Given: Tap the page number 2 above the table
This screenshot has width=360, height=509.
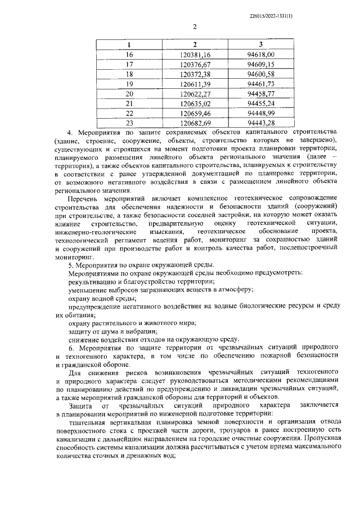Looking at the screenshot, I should click(x=195, y=27).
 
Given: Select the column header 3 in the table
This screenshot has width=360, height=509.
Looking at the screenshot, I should click(x=260, y=44).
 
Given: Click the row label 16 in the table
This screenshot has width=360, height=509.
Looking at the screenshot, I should click(x=130, y=54).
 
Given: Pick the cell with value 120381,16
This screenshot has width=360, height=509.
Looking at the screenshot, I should click(x=195, y=54).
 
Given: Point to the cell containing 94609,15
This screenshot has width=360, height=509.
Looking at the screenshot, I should click(x=260, y=64).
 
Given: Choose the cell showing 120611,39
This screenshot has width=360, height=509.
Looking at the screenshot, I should click(x=195, y=84).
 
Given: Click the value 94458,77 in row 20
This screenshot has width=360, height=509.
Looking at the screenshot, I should click(x=260, y=93).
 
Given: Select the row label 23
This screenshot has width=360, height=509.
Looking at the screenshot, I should click(x=130, y=123).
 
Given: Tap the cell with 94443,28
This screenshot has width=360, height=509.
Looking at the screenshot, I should click(x=260, y=123).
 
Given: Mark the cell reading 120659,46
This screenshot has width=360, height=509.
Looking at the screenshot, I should click(x=195, y=113).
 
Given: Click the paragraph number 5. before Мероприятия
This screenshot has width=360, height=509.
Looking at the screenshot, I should click(x=70, y=264).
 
